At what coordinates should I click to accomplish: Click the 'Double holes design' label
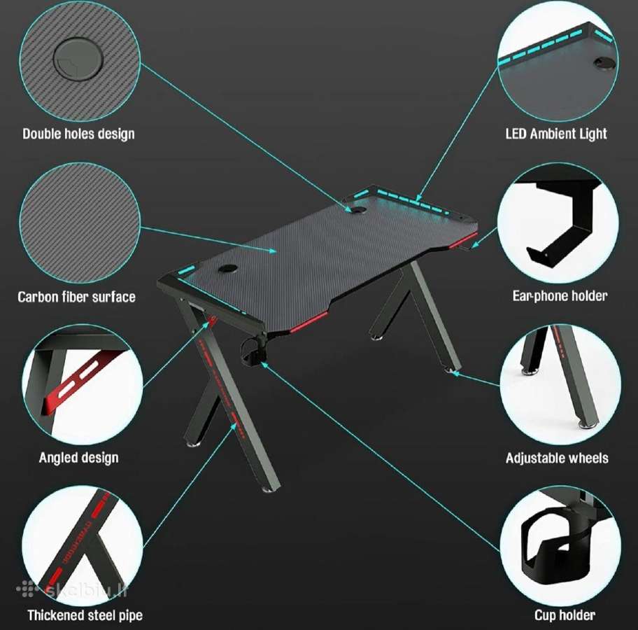[x=78, y=134]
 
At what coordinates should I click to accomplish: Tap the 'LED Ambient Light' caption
[x=556, y=134]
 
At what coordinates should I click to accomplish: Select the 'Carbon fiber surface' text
[x=76, y=297]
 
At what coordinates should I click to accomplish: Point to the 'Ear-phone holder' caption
[x=560, y=295]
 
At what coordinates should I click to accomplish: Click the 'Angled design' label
[x=79, y=458]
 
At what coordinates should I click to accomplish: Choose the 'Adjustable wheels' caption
[x=557, y=458]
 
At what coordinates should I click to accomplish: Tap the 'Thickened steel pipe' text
[x=85, y=615]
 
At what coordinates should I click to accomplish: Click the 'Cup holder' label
[x=565, y=615]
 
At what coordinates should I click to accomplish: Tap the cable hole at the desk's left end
[x=228, y=268]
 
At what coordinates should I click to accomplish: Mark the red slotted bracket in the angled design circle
[x=78, y=381]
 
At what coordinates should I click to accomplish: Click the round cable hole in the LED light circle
[x=605, y=63]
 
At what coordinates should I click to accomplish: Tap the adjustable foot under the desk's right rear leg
[x=451, y=370]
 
